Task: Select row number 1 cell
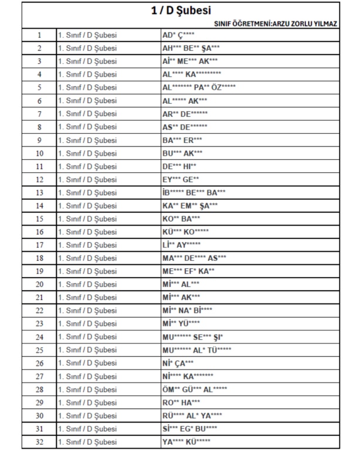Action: (39, 35)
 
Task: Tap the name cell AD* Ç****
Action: (178, 35)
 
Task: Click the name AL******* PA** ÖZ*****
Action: (199, 87)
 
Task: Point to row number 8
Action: (39, 127)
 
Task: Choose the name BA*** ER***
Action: (182, 140)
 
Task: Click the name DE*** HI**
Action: (179, 166)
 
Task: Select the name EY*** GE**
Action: (181, 179)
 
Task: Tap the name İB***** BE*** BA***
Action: (193, 192)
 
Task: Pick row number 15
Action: (39, 219)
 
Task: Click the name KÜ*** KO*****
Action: (185, 232)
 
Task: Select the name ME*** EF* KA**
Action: (188, 271)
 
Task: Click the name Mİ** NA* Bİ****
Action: (187, 311)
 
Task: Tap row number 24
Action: (39, 337)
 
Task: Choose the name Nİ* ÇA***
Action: (178, 363)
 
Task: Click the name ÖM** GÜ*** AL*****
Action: (195, 390)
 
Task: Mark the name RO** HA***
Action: (181, 403)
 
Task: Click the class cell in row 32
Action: (87, 442)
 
